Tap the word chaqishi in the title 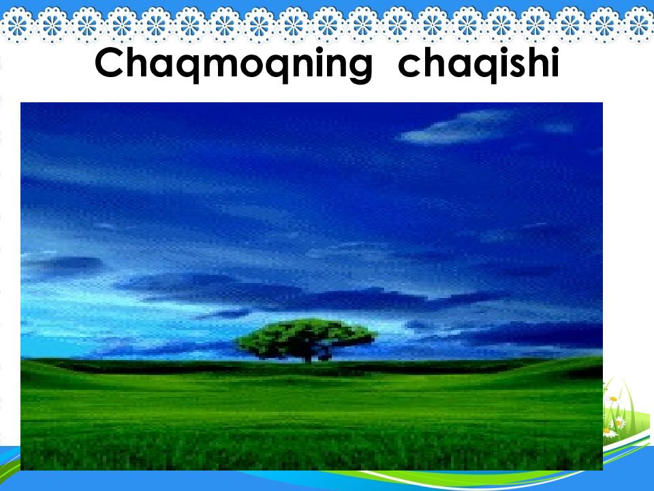coord(478,63)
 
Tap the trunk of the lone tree coord(308,356)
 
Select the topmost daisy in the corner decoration coord(613,399)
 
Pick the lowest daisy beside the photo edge coord(608,432)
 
